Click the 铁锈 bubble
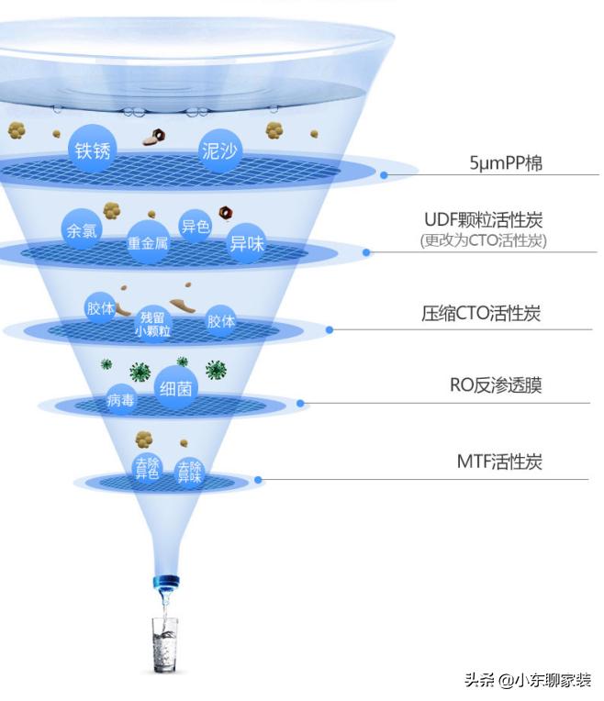coord(92,150)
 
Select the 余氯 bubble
coord(81,230)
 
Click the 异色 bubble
coord(195,226)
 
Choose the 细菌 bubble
coord(174,389)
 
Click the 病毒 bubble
coord(121,400)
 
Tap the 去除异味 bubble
coord(190,473)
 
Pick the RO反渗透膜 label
coord(496,385)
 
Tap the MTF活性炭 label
coord(499,462)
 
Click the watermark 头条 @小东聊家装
coord(527,680)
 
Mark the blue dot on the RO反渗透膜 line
coord(300,402)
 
